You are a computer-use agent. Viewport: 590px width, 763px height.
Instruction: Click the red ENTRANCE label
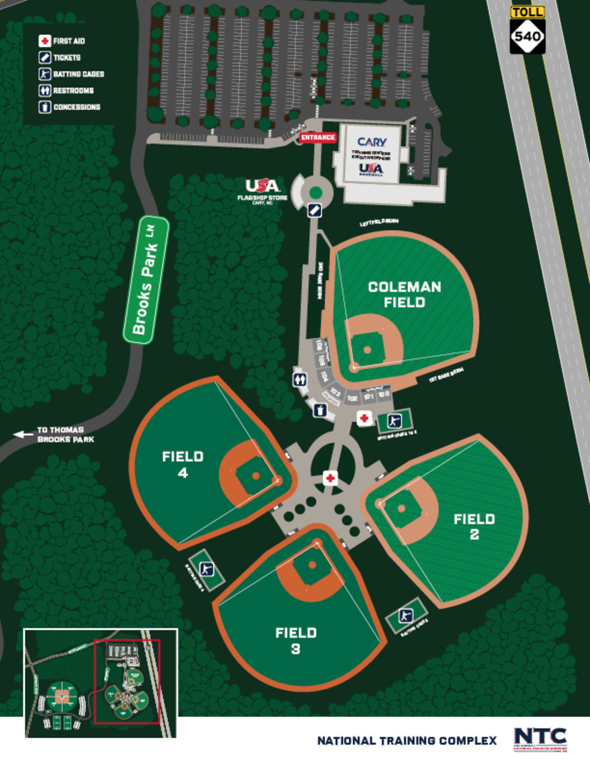click(x=318, y=138)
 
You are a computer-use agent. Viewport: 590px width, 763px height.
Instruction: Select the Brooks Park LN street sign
click(x=146, y=280)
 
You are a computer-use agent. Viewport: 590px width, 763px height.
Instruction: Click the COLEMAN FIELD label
click(x=404, y=295)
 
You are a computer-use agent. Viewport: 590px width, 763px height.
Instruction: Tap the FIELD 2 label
click(x=474, y=526)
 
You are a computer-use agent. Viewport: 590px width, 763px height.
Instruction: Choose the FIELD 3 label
click(x=296, y=640)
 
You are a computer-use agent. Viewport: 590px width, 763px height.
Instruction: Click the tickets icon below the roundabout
click(x=314, y=211)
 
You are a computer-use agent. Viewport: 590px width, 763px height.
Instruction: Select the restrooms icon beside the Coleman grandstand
click(x=300, y=379)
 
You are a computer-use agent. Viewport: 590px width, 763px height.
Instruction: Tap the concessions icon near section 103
click(x=320, y=410)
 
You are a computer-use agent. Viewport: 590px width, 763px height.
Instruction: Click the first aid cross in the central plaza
click(x=330, y=478)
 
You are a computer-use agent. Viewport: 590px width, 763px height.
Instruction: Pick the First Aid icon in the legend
click(x=45, y=41)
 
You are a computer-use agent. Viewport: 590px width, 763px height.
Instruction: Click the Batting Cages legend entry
click(x=79, y=74)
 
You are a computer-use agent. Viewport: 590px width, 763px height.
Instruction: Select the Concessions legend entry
click(x=76, y=107)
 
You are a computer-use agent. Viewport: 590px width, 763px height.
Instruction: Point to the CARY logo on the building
click(x=371, y=142)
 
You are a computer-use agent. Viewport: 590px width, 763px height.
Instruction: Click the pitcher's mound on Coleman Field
click(x=367, y=349)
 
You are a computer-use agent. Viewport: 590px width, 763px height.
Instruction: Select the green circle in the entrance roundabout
click(x=316, y=192)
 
